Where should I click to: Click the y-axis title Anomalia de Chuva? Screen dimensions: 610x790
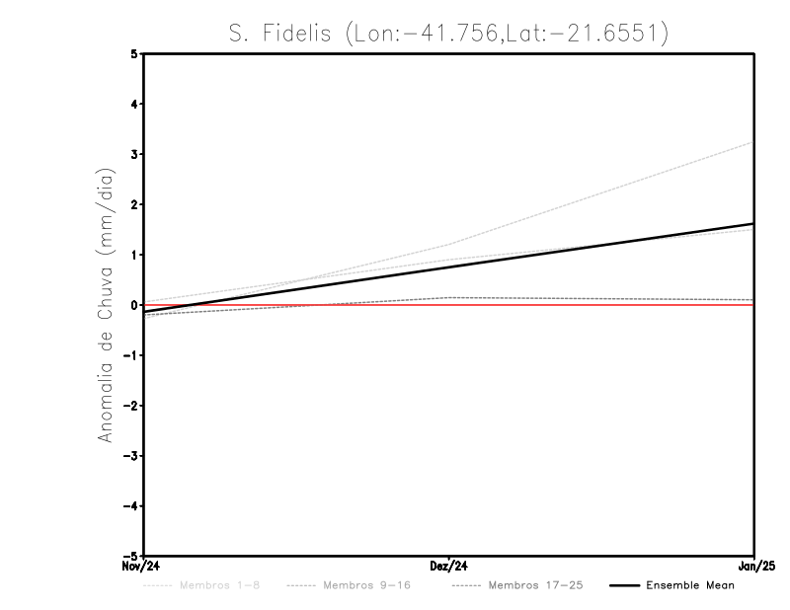coord(106,305)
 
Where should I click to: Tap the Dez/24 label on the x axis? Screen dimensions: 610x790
coord(449,567)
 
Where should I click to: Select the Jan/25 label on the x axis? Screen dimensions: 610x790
coord(754,567)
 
